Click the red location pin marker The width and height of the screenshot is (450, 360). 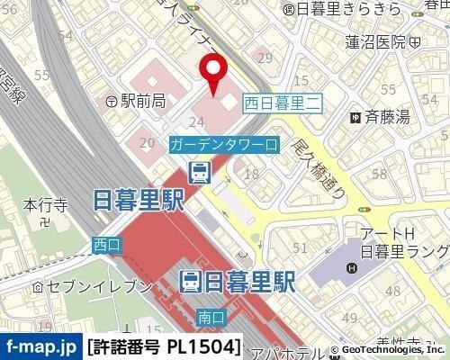coord(213,74)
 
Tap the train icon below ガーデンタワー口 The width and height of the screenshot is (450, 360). coord(199,170)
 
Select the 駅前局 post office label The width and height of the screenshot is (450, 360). coord(136,102)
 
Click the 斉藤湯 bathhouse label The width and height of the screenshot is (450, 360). coord(380,116)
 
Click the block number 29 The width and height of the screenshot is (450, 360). coord(264,58)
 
